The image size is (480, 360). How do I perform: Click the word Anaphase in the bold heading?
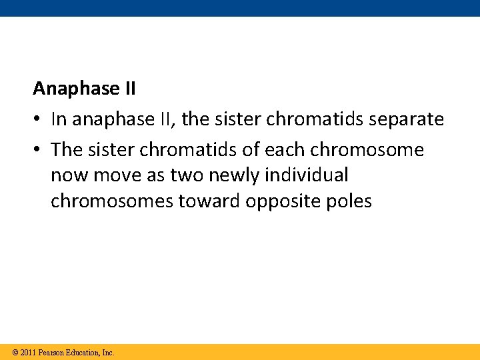point(63,88)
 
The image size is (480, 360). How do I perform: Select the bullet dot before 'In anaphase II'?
point(37,119)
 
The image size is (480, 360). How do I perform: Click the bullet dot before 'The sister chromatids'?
point(37,150)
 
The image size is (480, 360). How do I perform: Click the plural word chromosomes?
point(111,201)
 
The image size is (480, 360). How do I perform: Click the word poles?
point(349,201)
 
